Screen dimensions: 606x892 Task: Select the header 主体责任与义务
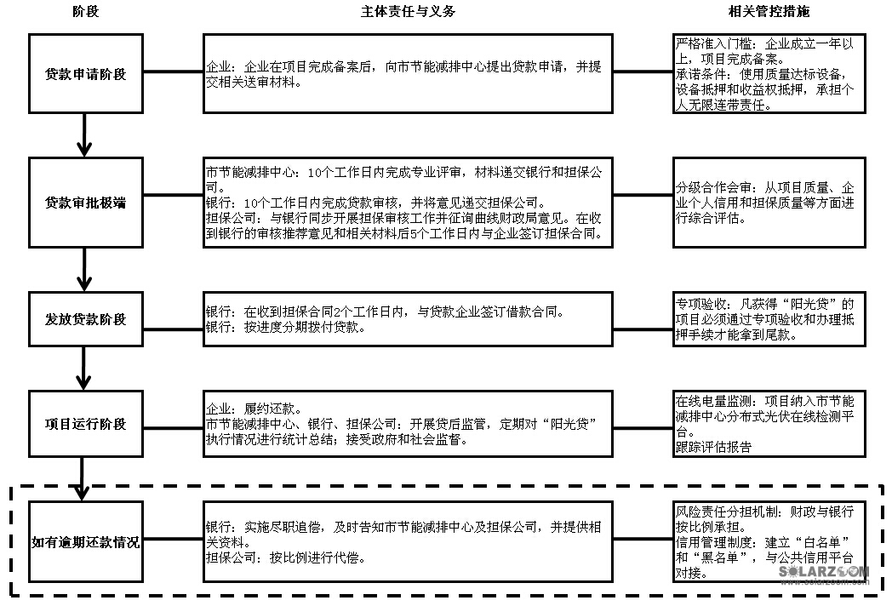click(408, 12)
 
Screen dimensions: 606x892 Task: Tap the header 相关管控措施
click(769, 12)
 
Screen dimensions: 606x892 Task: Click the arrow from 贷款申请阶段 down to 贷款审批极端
click(83, 134)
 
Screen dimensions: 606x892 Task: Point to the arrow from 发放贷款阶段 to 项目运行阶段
click(83, 367)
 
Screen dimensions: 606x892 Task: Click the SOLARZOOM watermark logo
click(824, 574)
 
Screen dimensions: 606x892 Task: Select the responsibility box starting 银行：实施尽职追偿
click(408, 542)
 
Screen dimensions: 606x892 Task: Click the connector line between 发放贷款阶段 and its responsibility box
click(171, 319)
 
